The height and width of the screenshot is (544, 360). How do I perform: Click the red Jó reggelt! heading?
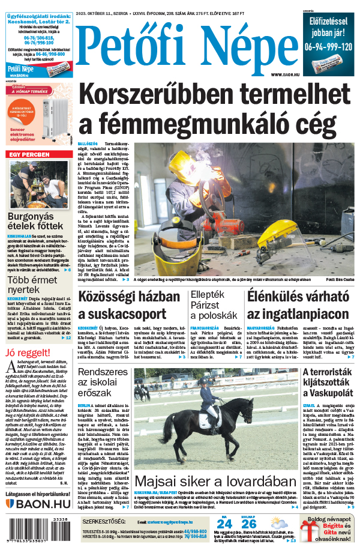click(x=26, y=352)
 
